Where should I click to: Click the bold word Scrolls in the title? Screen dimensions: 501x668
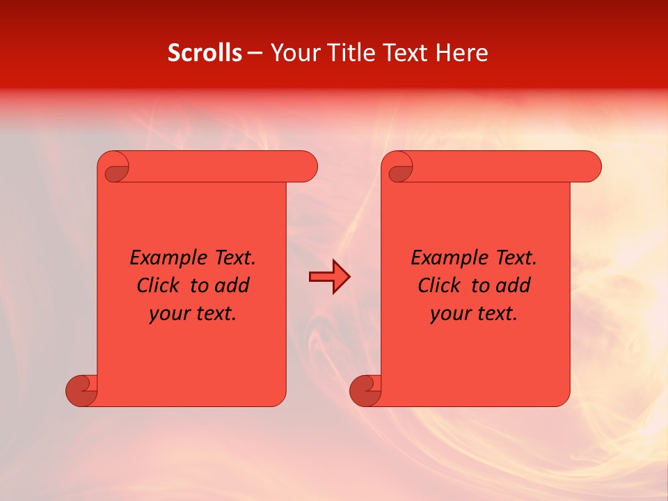pos(205,53)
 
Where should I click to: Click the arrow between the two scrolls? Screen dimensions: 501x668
pos(329,277)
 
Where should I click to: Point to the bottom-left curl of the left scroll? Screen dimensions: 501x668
pos(81,390)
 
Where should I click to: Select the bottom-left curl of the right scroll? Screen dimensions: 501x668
pos(365,390)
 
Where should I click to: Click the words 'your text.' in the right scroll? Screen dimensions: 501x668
pos(474,314)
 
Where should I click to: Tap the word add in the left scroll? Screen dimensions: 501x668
pos(232,285)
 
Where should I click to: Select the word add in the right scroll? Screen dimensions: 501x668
pos(514,285)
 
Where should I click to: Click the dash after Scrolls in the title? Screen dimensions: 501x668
pos(255,54)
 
